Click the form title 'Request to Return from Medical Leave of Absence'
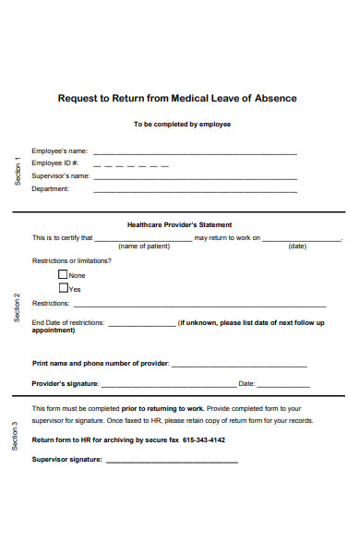point(178,98)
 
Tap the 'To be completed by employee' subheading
point(182,124)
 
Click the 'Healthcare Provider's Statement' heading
point(179,224)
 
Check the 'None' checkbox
point(63,274)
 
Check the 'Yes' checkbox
point(63,288)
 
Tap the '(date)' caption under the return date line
point(297,247)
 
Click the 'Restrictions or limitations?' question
point(72,260)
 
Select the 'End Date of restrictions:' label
point(68,323)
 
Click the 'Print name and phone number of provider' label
point(101,364)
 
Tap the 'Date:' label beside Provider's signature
point(246,383)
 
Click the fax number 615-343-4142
point(204,440)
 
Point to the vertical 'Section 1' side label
point(17,172)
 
